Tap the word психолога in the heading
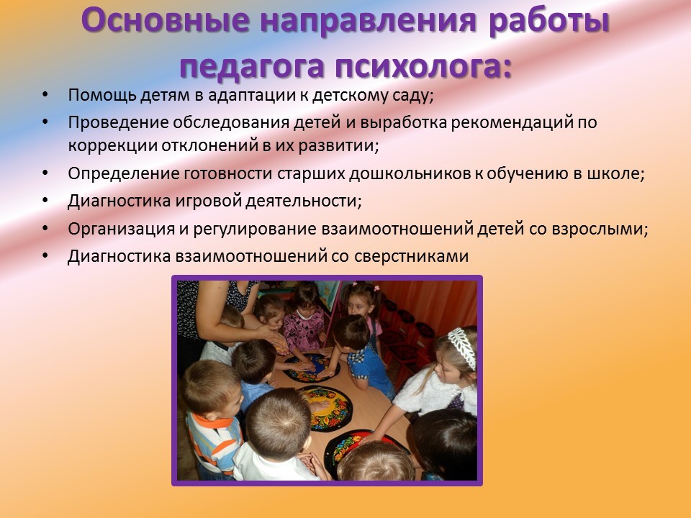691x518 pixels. pos(423,66)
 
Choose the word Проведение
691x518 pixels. pos(117,122)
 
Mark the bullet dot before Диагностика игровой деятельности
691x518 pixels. pos(45,201)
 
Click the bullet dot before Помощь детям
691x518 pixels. pos(45,95)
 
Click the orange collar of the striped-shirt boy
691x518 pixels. pos(214,419)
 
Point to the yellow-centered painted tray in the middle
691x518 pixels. pos(325,408)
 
